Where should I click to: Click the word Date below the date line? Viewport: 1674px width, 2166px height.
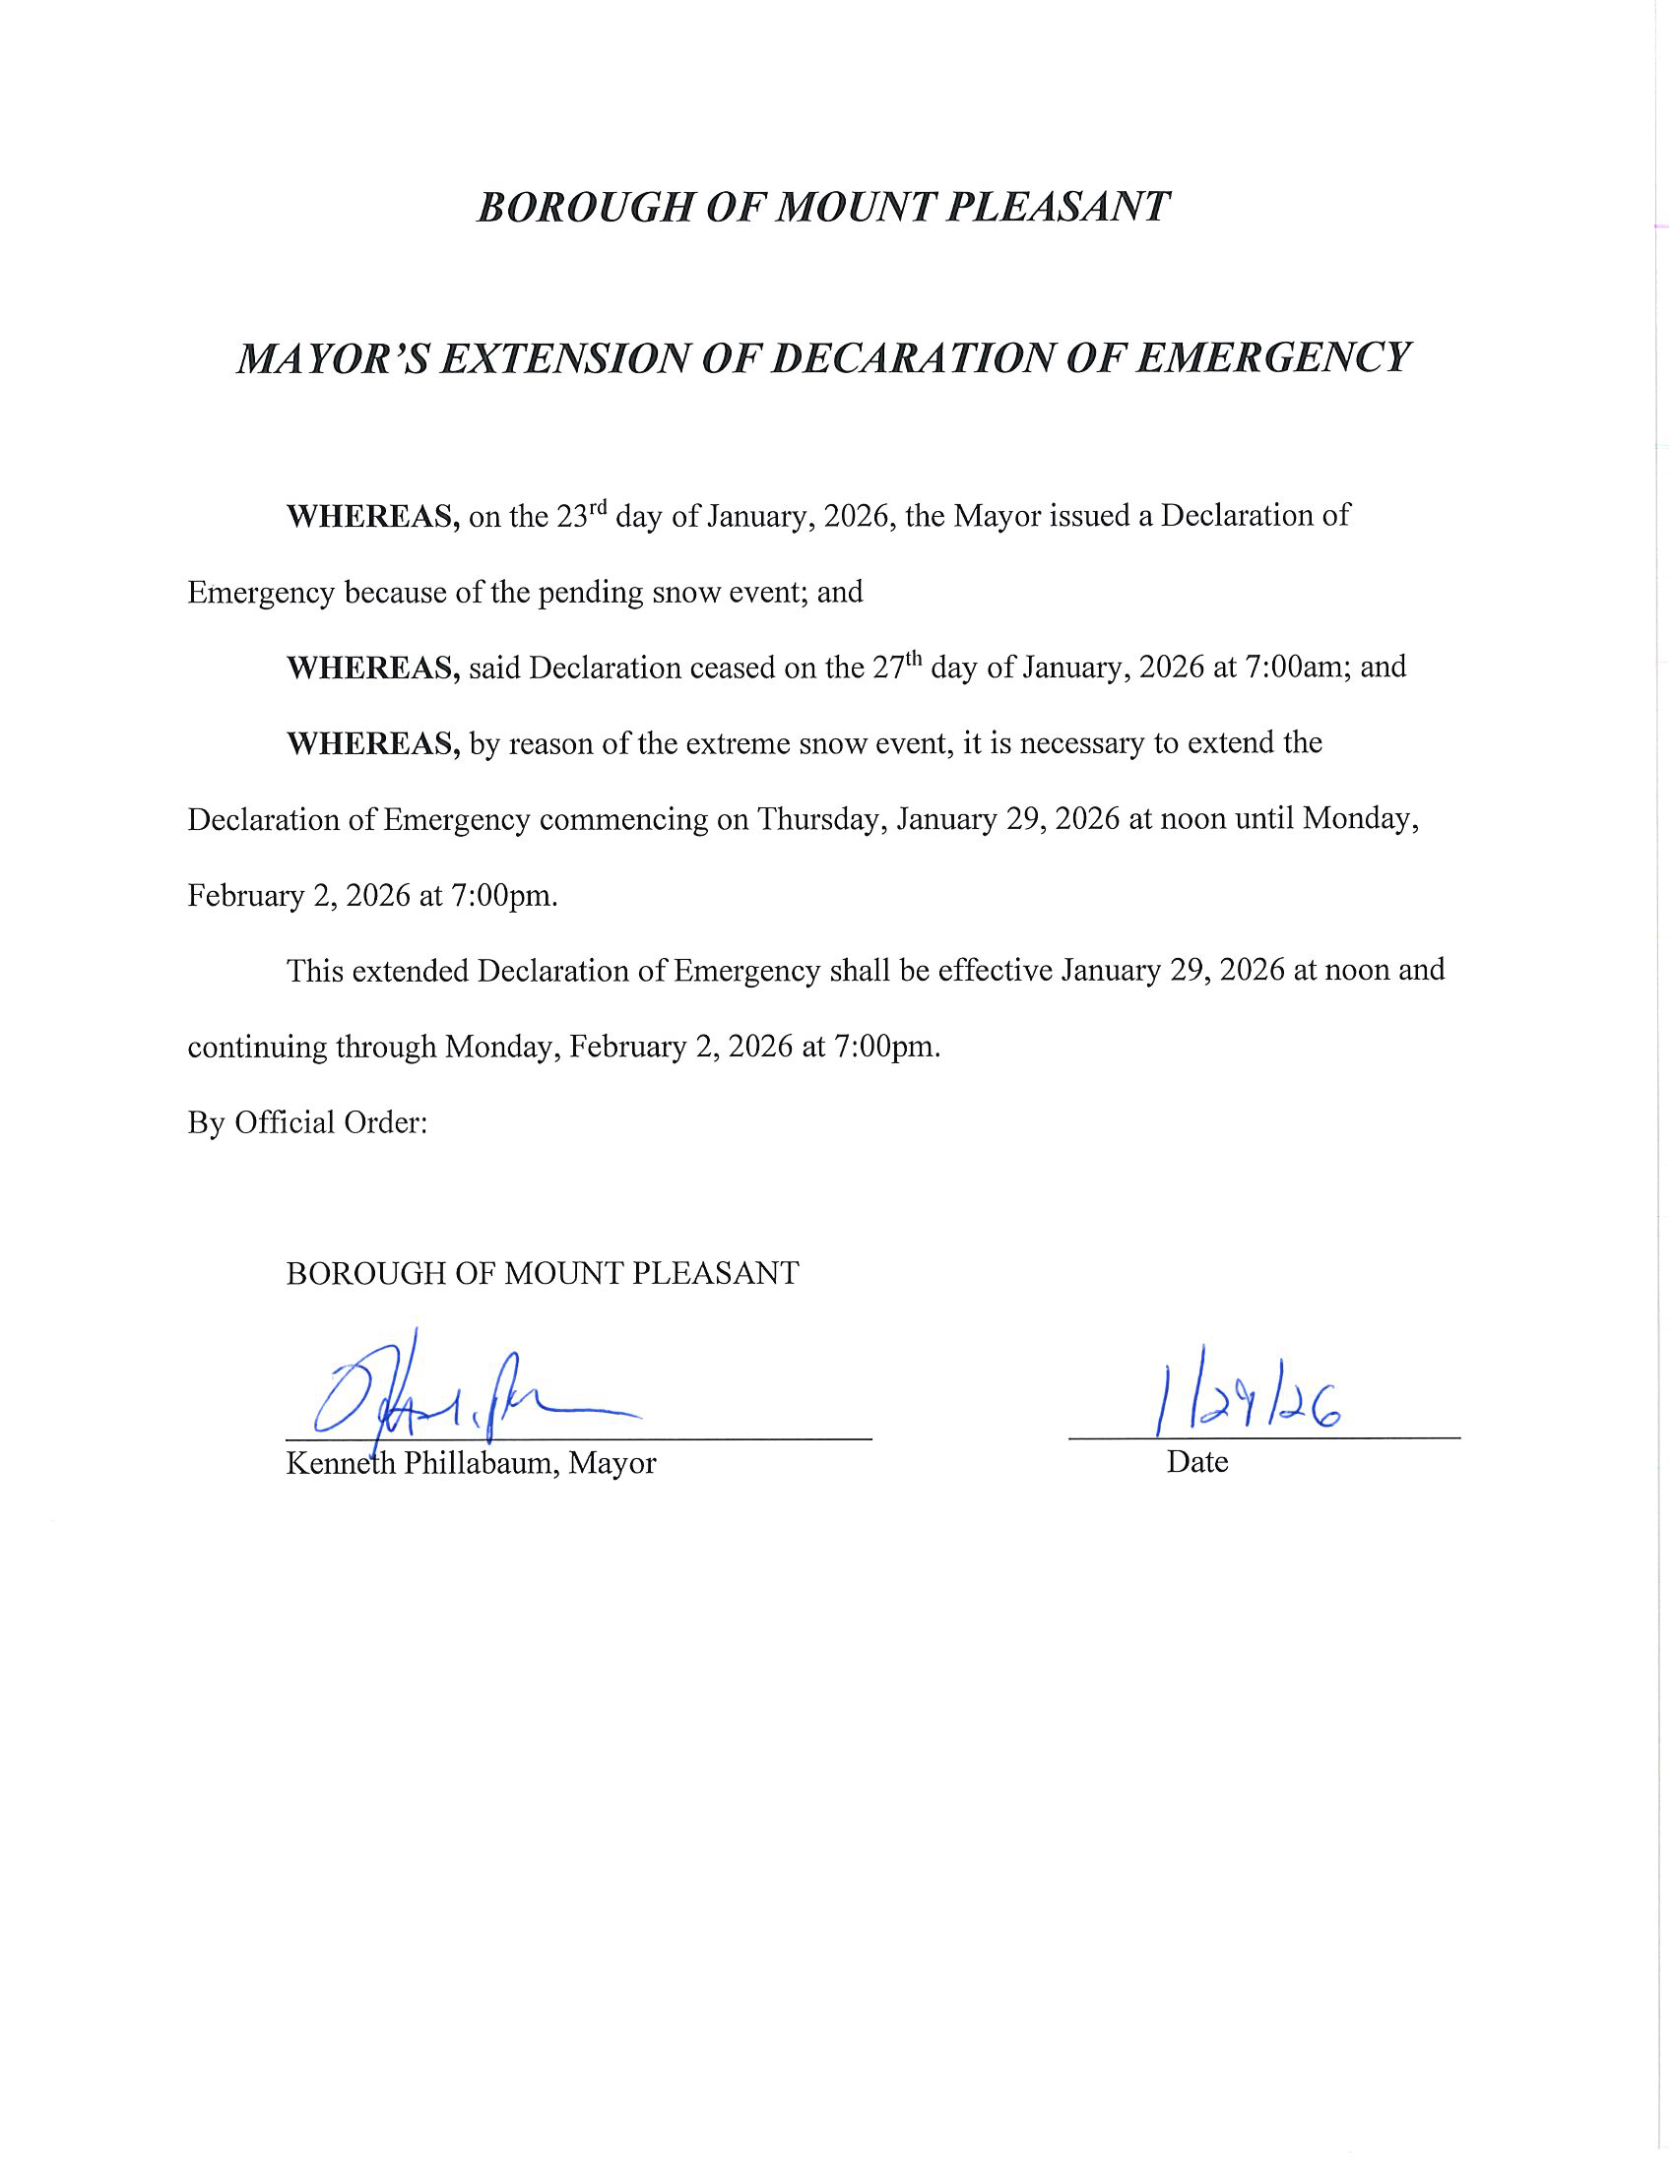[1197, 1462]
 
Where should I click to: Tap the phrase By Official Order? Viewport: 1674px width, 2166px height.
[307, 1122]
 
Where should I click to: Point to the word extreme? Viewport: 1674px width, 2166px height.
[726, 743]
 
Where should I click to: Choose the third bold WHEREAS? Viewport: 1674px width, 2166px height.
[373, 743]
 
